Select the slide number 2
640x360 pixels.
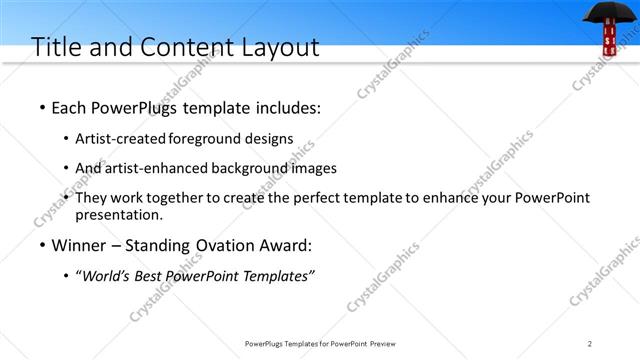tap(590, 343)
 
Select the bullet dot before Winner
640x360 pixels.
tap(40, 246)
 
